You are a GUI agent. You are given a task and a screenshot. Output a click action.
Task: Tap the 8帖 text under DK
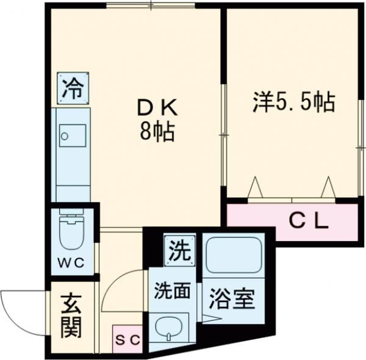(157, 131)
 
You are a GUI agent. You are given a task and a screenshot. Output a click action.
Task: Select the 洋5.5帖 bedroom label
(293, 101)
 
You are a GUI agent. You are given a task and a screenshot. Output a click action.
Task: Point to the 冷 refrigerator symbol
(73, 89)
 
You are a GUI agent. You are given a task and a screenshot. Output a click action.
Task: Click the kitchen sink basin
(72, 135)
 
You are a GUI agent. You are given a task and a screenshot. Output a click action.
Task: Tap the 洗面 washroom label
(171, 290)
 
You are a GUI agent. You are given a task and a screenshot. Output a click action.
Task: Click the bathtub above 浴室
(233, 255)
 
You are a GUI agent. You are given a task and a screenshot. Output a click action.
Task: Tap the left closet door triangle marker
(255, 187)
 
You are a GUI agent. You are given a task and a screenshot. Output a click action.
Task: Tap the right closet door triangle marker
(329, 187)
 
